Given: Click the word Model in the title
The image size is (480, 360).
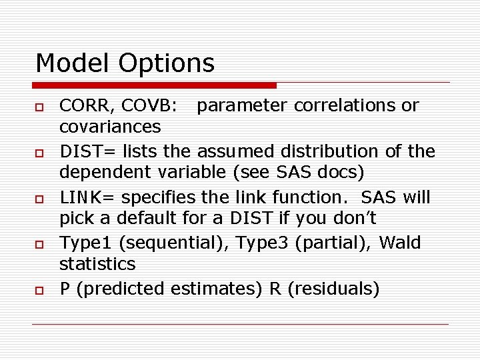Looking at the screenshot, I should (73, 63).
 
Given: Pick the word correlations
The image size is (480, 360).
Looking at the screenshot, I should (333, 105).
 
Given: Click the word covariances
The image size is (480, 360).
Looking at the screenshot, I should (110, 126).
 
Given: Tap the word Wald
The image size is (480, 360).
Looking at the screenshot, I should (400, 243).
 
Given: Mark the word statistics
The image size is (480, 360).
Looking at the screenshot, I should (97, 264).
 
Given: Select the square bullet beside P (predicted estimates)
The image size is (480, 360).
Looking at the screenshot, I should (39, 291).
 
